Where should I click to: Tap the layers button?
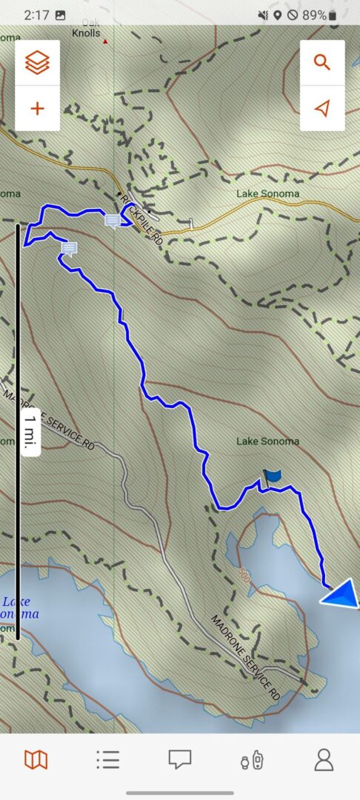tap(37, 62)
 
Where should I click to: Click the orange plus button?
tap(37, 108)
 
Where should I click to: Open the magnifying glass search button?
tap(322, 62)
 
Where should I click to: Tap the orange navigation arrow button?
tap(322, 108)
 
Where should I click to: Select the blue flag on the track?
tap(272, 477)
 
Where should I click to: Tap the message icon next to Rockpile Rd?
tap(113, 221)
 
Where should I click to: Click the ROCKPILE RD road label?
tap(142, 219)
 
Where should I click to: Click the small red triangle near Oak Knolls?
tap(105, 41)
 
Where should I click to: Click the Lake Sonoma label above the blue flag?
tap(267, 441)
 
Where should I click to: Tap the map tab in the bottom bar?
tap(36, 759)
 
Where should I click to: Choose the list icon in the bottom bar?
tap(107, 759)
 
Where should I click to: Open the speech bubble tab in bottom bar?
tap(179, 759)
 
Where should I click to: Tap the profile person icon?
tap(324, 759)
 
